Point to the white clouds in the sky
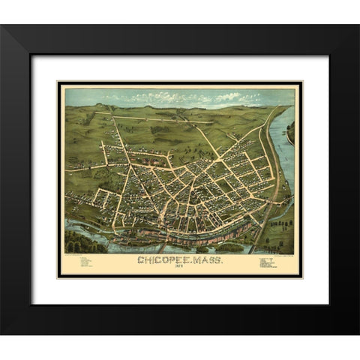pos(195,97)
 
